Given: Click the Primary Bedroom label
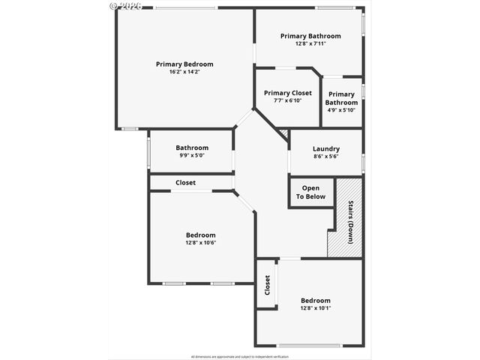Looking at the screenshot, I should pos(184,64).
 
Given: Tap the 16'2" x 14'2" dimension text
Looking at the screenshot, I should pos(184,72).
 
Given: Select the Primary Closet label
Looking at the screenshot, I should pos(287,93).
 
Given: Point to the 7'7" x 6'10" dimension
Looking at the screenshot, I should pos(287,100).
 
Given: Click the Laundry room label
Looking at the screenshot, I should pos(325,148).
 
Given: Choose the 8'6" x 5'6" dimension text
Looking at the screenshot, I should pos(325,156).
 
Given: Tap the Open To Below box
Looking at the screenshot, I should pos(310,192).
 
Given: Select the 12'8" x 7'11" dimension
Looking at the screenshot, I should pos(310,43).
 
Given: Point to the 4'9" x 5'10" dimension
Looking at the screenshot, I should pos(341,110).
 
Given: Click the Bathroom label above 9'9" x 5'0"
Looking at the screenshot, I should pos(192,148).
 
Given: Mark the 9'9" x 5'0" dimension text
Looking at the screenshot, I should pos(192,155).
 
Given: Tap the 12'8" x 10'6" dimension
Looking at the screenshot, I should pos(201,242).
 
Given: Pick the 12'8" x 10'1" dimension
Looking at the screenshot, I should pos(315,308).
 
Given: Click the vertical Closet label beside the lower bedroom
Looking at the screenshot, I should pos(267,285).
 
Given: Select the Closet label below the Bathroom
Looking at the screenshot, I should pos(185,182).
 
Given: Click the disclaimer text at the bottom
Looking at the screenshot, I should pos(239,356).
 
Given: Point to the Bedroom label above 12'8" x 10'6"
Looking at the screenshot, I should pos(201,235).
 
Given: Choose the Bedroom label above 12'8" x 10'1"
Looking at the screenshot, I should pos(315,301).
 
